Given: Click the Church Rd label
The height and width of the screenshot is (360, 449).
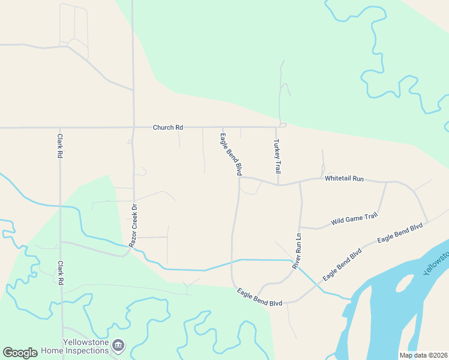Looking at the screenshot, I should pos(167,127).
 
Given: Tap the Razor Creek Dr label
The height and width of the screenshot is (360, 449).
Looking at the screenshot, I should pos(133,226).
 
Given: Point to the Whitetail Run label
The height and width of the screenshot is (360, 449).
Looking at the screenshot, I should pos(345,179).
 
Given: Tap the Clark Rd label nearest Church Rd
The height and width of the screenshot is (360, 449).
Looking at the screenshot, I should pos(60,146).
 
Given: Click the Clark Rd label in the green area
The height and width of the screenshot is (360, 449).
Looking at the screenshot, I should pos(60,272).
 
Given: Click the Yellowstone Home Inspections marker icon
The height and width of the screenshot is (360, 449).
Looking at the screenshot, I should pos(119,344).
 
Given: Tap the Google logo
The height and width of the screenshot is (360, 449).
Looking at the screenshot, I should pos(20,353).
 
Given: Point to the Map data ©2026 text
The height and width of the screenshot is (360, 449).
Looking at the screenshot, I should pos(423,355).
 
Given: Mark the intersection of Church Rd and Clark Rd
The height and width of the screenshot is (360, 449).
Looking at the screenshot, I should pos(60,128).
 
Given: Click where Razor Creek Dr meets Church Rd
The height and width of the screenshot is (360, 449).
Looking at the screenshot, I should pos(133,127).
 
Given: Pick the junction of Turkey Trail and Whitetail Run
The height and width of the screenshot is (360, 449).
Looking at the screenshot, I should pos(278,185).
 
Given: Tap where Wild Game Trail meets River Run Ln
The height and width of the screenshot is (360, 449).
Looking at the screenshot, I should pos(300,227).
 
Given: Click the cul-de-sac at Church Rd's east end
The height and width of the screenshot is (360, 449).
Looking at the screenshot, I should pos(283,125).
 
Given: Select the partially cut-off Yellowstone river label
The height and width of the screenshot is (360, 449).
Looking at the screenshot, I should pos(436,262).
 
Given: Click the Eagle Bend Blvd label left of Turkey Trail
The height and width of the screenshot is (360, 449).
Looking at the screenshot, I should pos(231,154).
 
